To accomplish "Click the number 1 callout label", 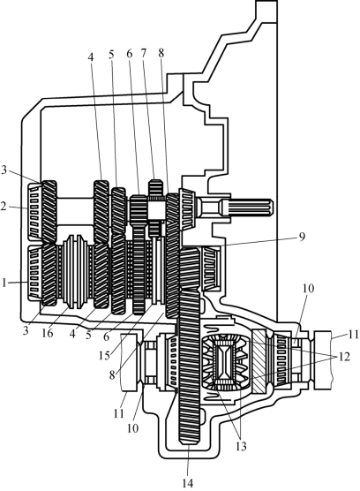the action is pos(4,283).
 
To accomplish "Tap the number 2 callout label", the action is pos(4,207).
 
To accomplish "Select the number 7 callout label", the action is pos(143,53).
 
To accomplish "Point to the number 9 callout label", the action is pos(301,237).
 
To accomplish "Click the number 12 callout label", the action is pos(344,357).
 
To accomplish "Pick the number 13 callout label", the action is pos(241,446).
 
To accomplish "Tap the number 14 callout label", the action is pos(188,483).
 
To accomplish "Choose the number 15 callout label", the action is pos(104,356).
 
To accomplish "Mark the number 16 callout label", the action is pos(48,334).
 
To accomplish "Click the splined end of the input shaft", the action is pos(247,208).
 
